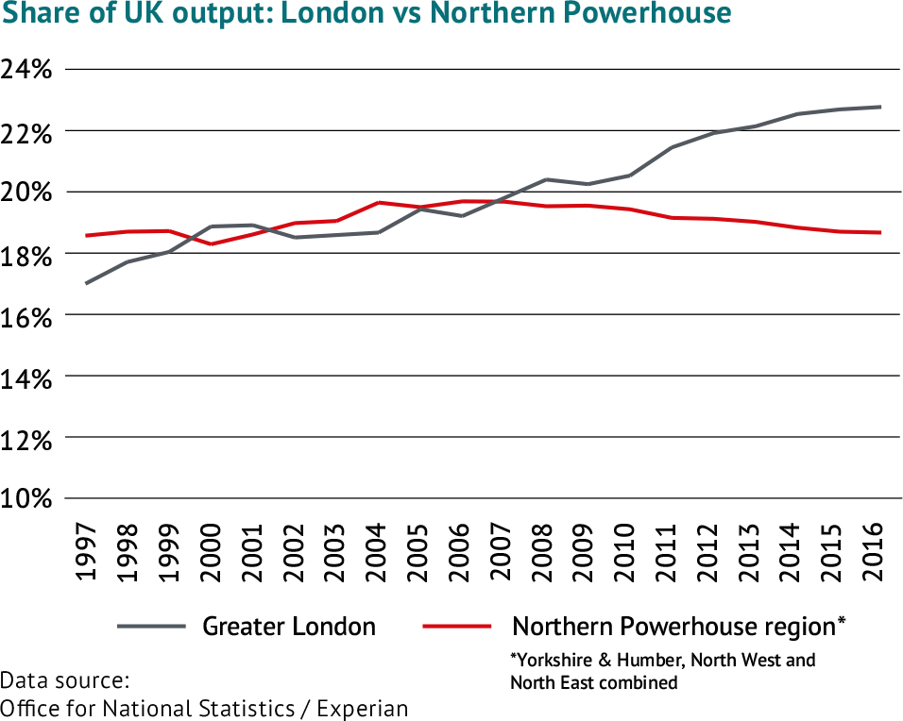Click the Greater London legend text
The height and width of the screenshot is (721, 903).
click(x=289, y=627)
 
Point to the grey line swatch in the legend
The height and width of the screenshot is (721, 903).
click(x=151, y=627)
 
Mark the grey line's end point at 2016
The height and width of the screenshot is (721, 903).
click(x=880, y=107)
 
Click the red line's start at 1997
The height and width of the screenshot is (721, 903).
click(x=87, y=235)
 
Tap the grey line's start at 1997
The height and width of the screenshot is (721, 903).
click(x=87, y=283)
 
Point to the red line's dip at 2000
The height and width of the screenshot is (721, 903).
click(x=212, y=243)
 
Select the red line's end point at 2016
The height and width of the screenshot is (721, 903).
click(x=880, y=232)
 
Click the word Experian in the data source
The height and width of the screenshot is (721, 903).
click(x=363, y=708)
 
